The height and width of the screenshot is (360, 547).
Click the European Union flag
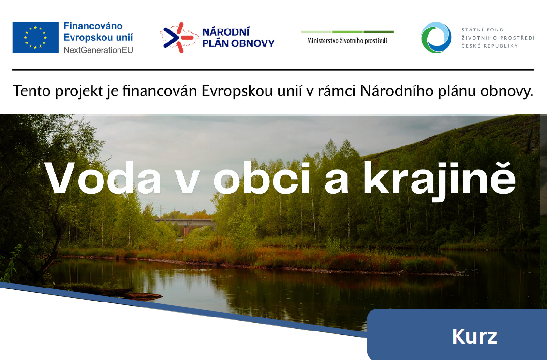click(35, 37)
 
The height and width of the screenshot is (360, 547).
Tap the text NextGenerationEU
click(98, 50)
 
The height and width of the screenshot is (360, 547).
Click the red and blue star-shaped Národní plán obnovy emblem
click(177, 37)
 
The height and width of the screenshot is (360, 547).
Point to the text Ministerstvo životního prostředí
click(347, 41)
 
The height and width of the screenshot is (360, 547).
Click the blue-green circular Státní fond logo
click(436, 37)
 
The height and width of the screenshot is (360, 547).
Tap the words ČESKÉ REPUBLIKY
click(489, 46)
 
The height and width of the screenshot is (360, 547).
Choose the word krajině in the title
click(440, 179)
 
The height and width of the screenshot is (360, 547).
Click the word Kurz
click(474, 336)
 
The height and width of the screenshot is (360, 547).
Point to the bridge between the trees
click(184, 223)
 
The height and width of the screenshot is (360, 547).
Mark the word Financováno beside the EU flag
click(93, 26)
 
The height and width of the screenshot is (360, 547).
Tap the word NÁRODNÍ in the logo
click(226, 32)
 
